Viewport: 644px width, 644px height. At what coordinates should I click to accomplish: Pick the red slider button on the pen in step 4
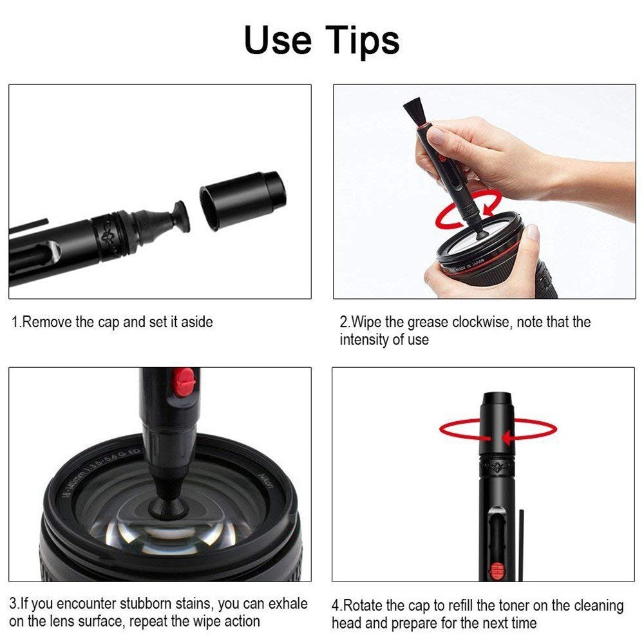point(496,569)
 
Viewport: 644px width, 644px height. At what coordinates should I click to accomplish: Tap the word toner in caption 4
point(486,606)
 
